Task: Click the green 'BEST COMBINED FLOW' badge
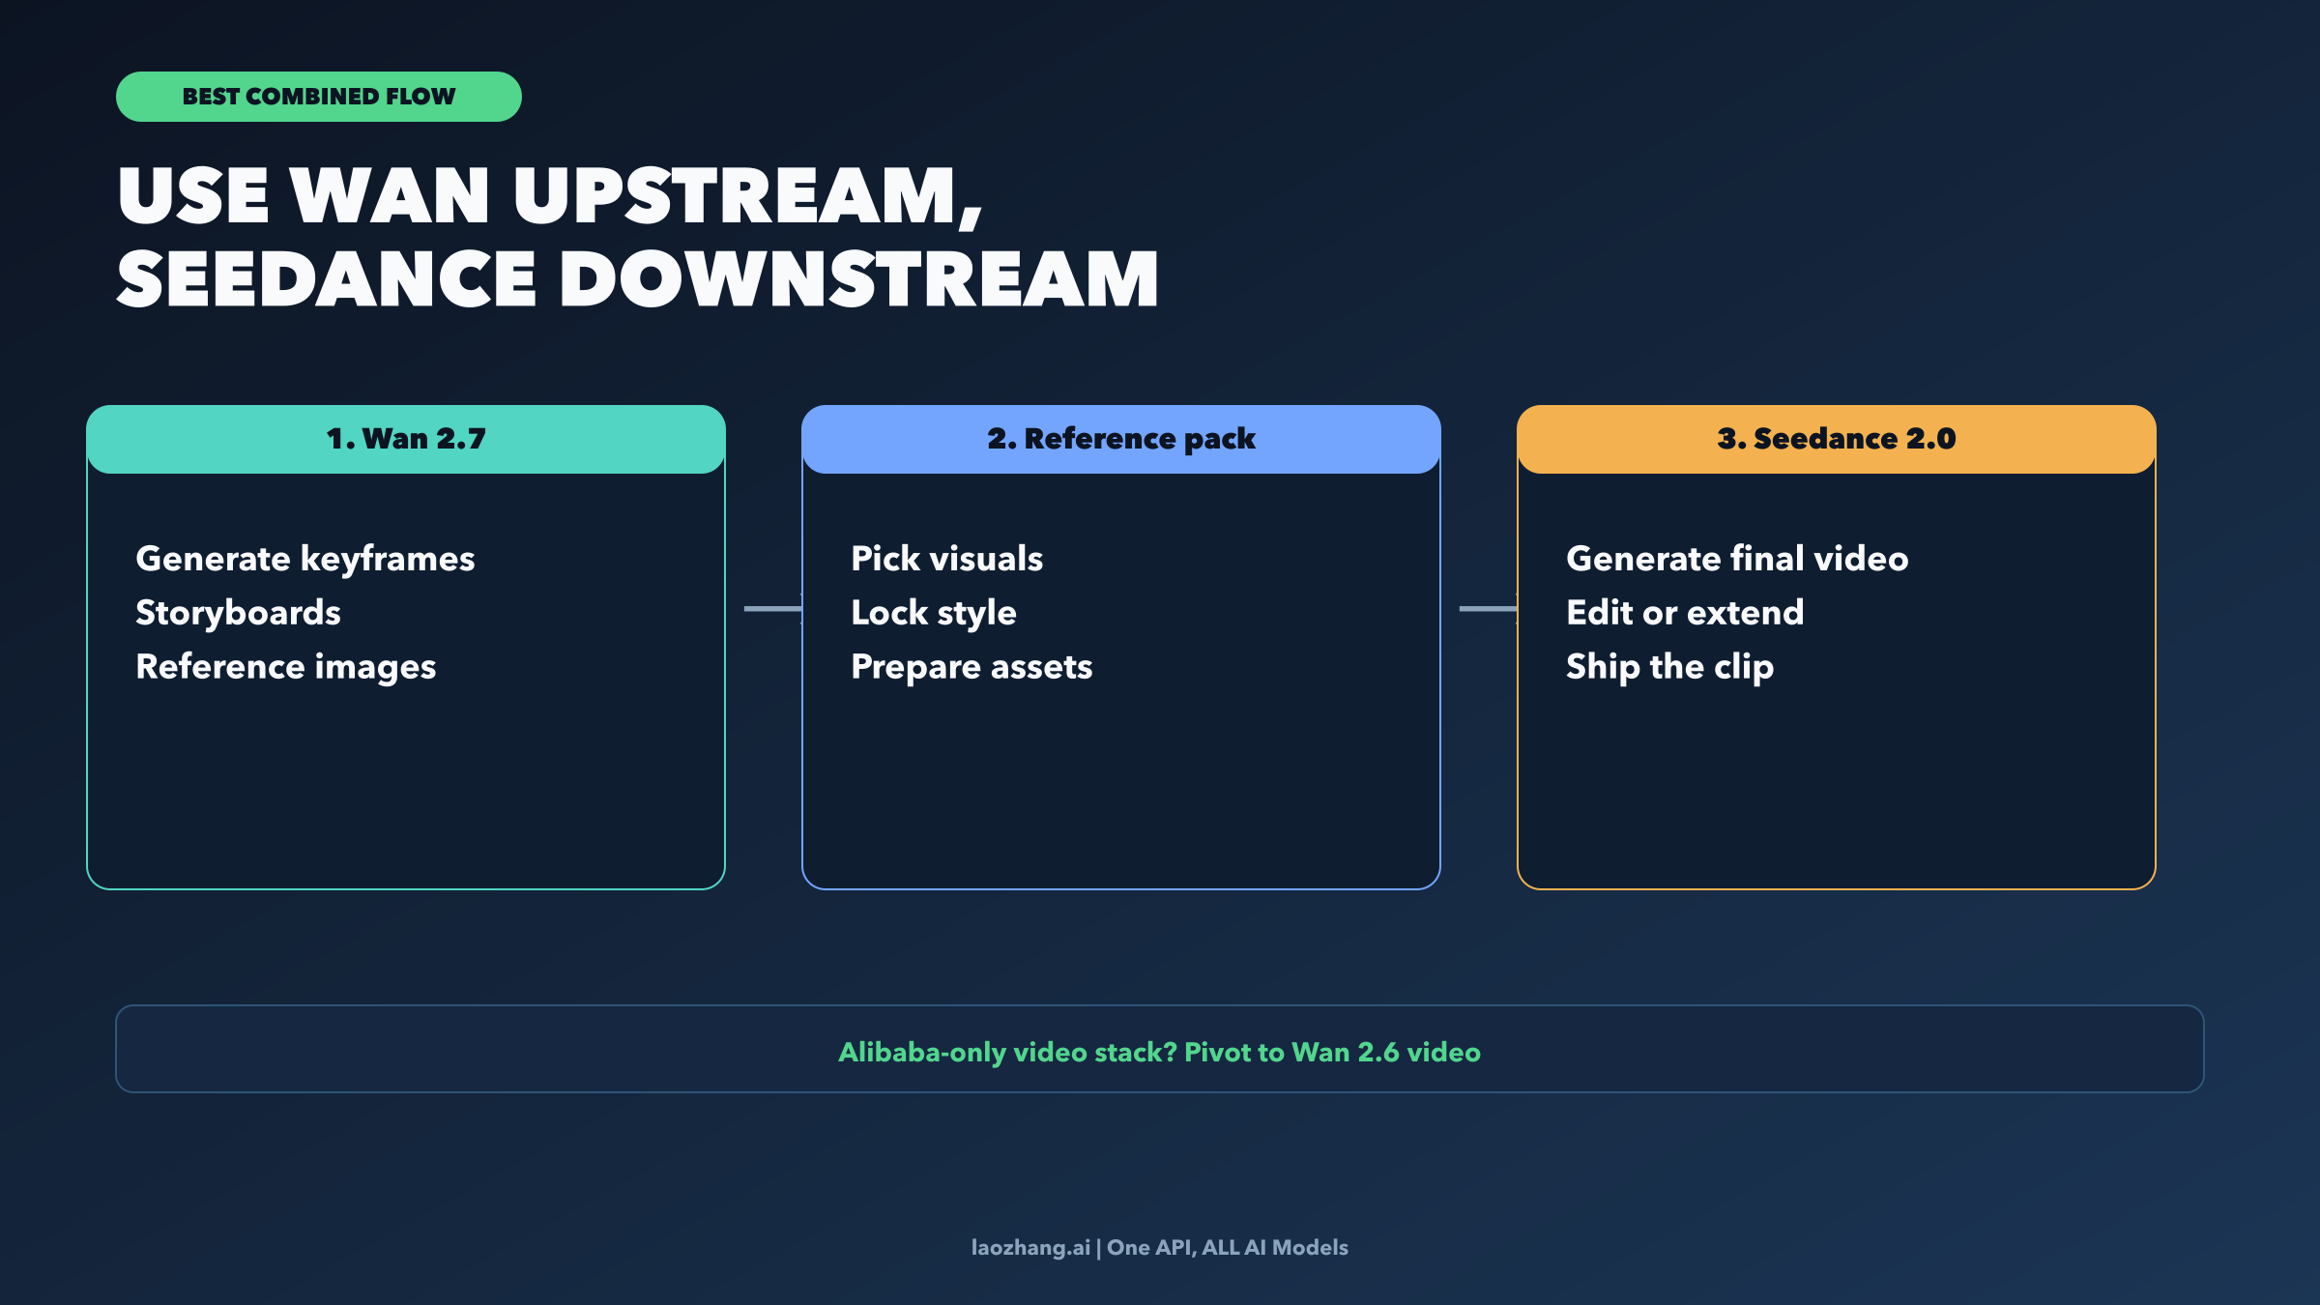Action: coord(319,97)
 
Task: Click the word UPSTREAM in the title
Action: coord(748,197)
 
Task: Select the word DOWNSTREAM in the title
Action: coord(858,279)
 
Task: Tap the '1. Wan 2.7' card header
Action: coord(406,439)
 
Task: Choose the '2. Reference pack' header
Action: coord(1121,439)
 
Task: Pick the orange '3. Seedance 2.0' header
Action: coord(1837,439)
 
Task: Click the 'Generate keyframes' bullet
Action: coord(305,560)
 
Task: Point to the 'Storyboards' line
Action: coord(238,613)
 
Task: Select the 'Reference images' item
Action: coord(286,667)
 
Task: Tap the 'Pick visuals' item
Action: coord(947,559)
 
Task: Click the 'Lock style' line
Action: coord(934,614)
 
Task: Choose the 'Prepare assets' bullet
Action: coord(971,668)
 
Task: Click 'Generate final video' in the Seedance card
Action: coord(1737,559)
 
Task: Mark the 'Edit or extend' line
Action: coord(1685,613)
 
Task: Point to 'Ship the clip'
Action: coord(1670,668)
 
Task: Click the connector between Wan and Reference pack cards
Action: coord(773,609)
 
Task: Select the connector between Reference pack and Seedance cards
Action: coord(1489,609)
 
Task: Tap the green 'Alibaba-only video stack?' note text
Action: coord(1159,1052)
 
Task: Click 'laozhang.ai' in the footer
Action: coord(1030,1248)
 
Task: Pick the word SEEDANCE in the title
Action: coord(327,279)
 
